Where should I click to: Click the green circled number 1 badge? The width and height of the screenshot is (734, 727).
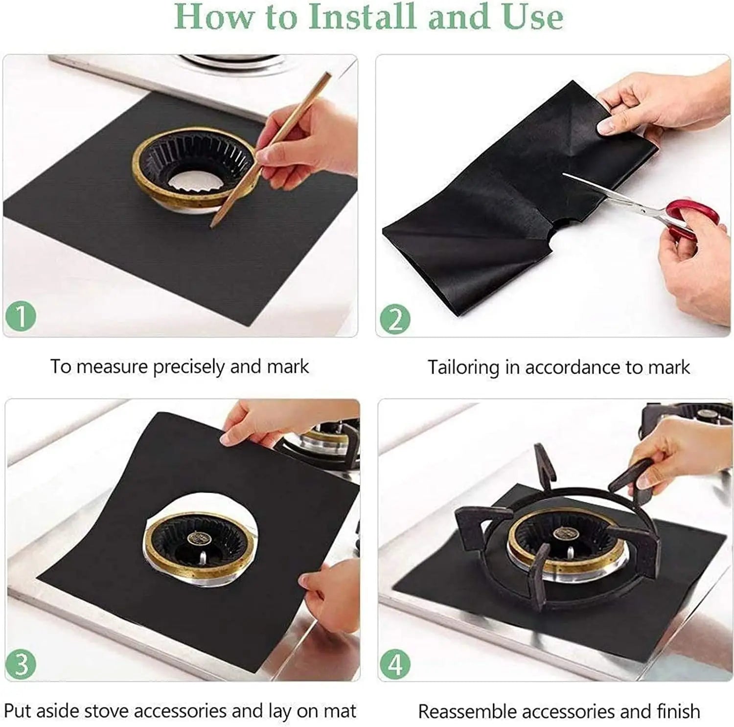[21, 316]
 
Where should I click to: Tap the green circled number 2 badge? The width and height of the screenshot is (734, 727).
[395, 319]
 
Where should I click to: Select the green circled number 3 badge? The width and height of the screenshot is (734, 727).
[21, 664]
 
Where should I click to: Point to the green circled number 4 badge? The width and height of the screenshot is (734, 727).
[394, 665]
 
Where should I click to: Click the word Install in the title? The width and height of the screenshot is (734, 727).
[362, 17]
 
